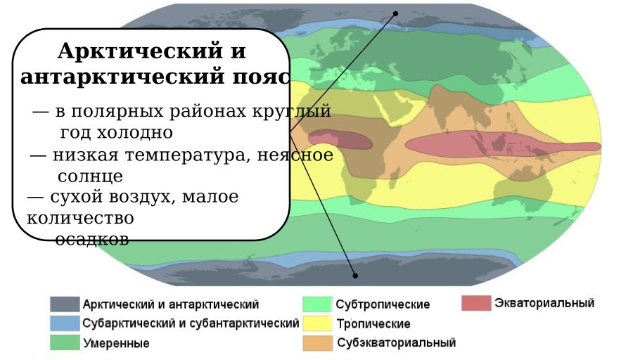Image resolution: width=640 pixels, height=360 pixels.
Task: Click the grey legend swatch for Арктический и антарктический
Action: tap(64, 304)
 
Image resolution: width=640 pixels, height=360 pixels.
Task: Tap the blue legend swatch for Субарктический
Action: tap(64, 323)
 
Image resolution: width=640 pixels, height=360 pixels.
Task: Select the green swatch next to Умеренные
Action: tap(64, 342)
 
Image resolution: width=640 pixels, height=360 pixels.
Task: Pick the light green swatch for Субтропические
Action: tap(316, 304)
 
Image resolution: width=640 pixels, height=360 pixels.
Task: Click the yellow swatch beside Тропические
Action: tap(316, 323)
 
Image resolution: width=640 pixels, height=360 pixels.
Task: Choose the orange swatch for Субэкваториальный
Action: tap(316, 342)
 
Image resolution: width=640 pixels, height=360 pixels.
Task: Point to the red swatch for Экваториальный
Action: tap(476, 303)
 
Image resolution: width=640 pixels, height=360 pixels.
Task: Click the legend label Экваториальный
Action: tap(544, 303)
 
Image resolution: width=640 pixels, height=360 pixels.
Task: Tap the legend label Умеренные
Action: tap(116, 344)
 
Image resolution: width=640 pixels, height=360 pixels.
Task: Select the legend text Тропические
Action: tap(373, 324)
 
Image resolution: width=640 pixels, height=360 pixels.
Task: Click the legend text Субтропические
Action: tap(383, 305)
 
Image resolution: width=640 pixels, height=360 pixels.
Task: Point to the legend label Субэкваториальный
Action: tap(397, 343)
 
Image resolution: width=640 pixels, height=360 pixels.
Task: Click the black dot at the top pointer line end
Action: tap(395, 13)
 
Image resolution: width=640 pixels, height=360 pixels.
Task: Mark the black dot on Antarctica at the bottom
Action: tap(355, 276)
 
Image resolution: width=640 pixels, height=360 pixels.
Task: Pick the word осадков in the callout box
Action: tap(92, 240)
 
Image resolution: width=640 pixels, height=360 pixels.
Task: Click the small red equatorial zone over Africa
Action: tap(340, 139)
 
